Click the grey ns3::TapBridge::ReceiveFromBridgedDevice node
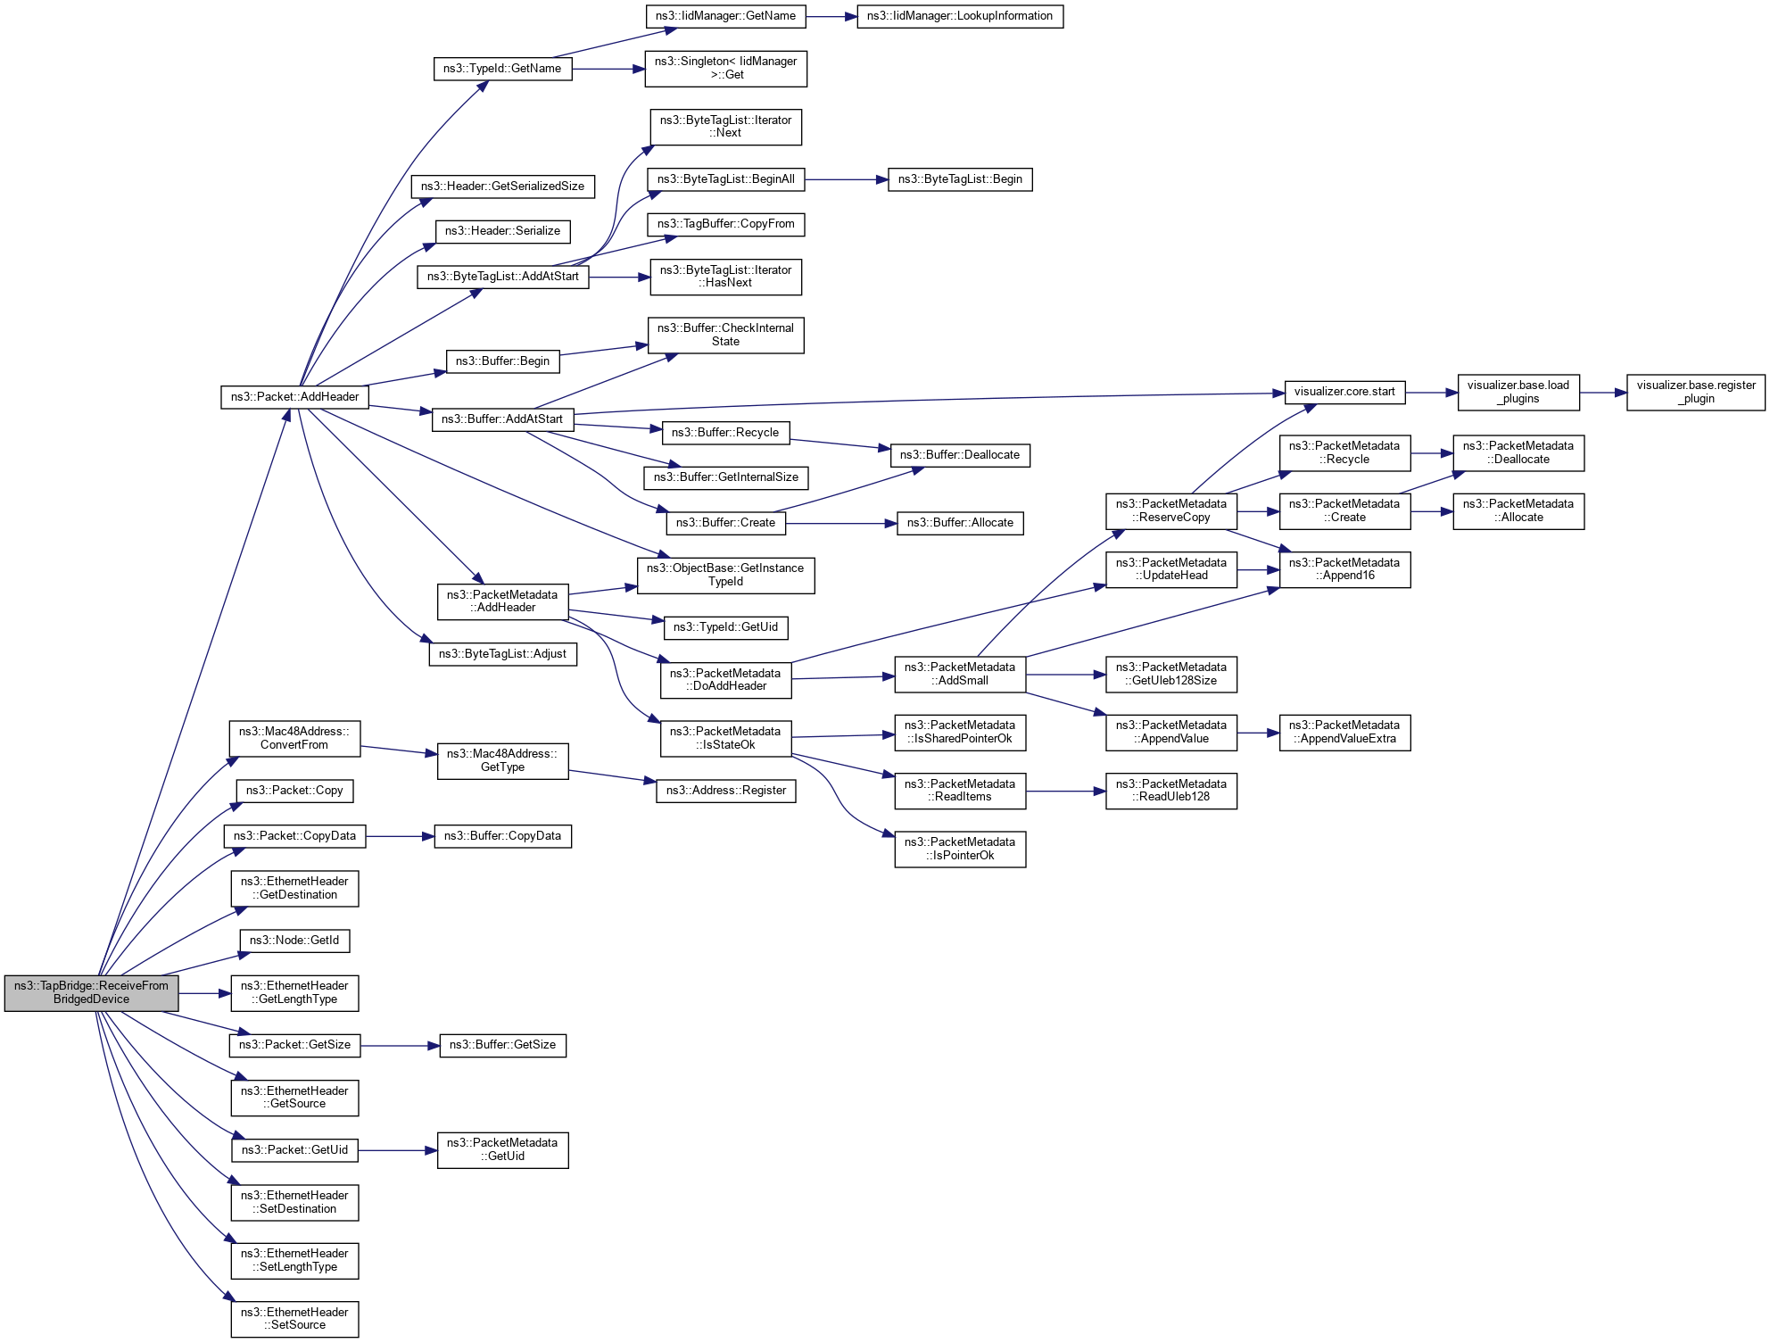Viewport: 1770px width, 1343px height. tap(91, 992)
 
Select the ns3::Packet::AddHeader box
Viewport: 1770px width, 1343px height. tap(294, 397)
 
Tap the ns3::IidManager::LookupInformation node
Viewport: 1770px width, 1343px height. tap(960, 16)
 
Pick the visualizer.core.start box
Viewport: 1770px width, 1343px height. tap(1344, 392)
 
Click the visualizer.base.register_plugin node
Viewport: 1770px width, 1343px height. tap(1695, 392)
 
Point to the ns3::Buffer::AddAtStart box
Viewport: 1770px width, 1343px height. tap(502, 419)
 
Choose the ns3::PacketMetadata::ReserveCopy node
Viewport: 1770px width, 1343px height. tap(1170, 510)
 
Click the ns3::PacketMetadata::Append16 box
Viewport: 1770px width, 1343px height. tap(1344, 569)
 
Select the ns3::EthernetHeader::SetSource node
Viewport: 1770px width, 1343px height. tap(294, 1319)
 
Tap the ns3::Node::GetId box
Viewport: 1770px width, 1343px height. tap(294, 941)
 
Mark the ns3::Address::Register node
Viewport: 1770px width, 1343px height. tap(725, 791)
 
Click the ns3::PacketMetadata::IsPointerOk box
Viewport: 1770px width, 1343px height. tap(960, 849)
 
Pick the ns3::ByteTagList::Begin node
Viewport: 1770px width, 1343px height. tap(960, 179)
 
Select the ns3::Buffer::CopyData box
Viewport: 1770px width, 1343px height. tap(502, 836)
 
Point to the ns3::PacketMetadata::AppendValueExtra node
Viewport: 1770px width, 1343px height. tap(1344, 732)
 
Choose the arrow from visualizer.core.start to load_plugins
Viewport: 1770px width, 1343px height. tap(1431, 392)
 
